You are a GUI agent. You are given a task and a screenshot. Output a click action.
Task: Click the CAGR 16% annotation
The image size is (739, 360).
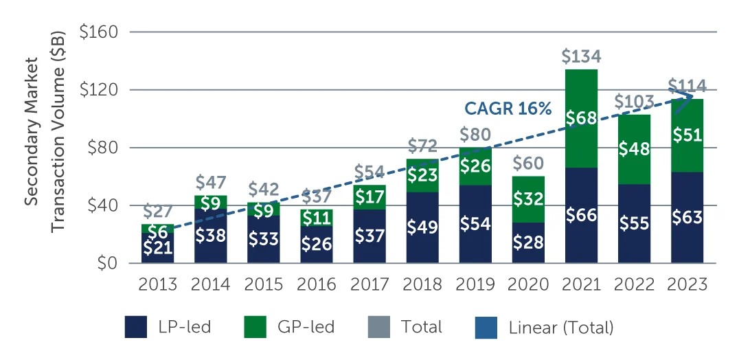[x=508, y=109]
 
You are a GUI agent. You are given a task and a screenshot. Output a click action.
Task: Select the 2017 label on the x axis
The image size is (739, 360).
[x=369, y=284]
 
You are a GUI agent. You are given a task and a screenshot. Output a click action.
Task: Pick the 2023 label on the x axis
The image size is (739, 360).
[x=687, y=284]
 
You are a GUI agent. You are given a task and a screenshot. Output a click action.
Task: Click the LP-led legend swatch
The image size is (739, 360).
[x=140, y=328]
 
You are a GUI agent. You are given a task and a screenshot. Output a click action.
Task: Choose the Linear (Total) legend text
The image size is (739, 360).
[x=561, y=328]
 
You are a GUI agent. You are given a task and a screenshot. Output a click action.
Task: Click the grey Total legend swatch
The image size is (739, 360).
[x=378, y=328]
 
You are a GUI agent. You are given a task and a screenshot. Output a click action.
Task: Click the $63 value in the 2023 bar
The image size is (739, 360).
[x=687, y=218]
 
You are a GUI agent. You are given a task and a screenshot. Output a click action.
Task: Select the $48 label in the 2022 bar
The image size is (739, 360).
[x=634, y=149]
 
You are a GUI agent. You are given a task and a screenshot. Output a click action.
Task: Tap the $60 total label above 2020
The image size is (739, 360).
[x=528, y=163]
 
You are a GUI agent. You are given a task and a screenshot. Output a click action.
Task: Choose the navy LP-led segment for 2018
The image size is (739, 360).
[x=422, y=227]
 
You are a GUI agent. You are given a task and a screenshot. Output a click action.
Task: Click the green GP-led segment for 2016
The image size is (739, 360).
[x=317, y=218]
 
